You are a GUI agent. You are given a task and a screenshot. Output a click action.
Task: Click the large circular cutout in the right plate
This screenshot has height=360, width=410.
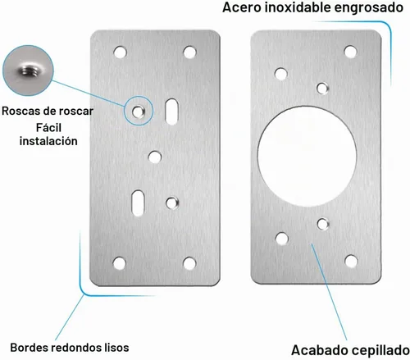pos(307,157)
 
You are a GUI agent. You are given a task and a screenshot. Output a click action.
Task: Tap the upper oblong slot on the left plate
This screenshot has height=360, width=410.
pos(172,112)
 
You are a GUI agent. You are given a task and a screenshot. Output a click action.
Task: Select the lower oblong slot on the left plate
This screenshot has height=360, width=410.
pos(138,203)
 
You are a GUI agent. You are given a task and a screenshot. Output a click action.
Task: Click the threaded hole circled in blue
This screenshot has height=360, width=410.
pos(138,112)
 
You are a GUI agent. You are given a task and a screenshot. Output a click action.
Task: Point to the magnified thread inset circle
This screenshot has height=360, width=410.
pos(28,71)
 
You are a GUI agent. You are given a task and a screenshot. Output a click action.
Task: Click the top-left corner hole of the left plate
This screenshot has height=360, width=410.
pos(121,52)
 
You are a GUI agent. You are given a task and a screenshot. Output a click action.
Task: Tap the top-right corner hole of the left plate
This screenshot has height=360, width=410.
pos(189,52)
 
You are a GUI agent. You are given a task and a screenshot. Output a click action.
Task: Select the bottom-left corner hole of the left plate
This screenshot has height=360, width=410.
pos(120,263)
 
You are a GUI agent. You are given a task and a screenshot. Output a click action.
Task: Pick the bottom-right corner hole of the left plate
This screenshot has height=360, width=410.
pos(189,263)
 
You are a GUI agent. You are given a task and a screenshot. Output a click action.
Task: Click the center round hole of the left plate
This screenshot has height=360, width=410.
pos(155,157)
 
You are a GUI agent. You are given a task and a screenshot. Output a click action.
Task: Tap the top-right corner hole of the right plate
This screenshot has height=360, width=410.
pos(350,52)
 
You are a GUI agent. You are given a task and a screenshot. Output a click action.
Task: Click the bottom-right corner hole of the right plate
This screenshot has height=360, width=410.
pos(351,261)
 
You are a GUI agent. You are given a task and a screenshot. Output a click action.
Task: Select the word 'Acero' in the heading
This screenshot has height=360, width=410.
pos(242,7)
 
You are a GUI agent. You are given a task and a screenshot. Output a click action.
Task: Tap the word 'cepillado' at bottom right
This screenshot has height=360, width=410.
pos(380,350)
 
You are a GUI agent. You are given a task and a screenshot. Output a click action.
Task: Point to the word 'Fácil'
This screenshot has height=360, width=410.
pos(48,128)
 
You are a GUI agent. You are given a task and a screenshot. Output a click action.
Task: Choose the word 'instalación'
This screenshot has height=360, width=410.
pos(48,141)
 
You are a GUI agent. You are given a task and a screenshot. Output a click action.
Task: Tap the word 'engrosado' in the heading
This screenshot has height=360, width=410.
pos(369,8)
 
